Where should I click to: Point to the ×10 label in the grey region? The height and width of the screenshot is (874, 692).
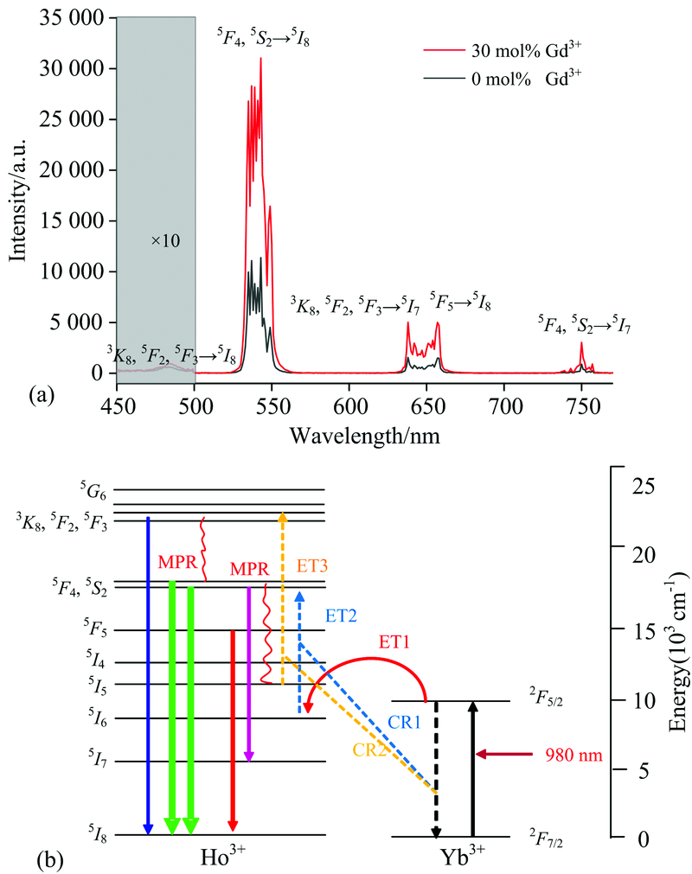click(x=164, y=240)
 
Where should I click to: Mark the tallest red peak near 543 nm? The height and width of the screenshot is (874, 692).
click(x=260, y=61)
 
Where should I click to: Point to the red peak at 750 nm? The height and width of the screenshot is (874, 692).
click(x=581, y=344)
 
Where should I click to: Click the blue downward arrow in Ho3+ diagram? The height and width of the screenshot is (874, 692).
click(x=148, y=675)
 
